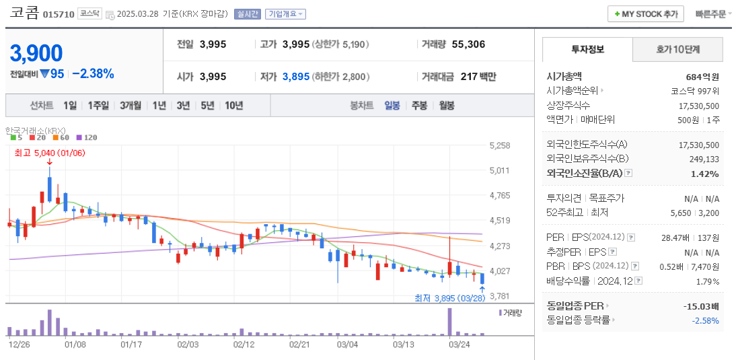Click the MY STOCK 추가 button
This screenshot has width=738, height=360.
[x=645, y=13]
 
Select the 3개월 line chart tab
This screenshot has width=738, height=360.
[x=131, y=106]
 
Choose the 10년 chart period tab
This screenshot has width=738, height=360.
[x=234, y=106]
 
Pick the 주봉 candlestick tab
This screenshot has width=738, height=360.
[x=419, y=106]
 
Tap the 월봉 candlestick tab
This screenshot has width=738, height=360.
[x=447, y=106]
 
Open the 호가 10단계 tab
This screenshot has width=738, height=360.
[x=677, y=49]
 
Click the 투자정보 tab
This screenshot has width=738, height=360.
[x=587, y=49]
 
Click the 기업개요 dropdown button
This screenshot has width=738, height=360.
[x=285, y=13]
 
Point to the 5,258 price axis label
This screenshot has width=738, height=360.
[x=500, y=145]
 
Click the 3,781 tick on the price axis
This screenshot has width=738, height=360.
[x=500, y=296]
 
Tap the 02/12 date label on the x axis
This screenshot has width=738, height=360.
[x=244, y=344]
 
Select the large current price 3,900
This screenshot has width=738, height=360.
[x=36, y=53]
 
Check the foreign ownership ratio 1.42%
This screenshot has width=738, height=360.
[x=704, y=174]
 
